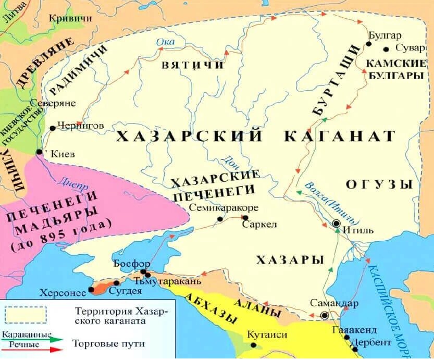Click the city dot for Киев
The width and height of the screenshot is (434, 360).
(x=39, y=152)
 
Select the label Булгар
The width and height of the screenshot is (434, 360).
(x=385, y=35)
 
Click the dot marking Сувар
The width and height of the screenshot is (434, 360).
(x=386, y=49)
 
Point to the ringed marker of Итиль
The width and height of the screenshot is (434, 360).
(x=337, y=223)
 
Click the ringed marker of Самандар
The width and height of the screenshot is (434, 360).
(x=325, y=315)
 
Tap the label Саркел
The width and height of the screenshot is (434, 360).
(x=259, y=226)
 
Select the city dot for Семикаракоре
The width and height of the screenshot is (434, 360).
(x=220, y=219)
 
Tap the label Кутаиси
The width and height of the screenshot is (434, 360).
(x=267, y=335)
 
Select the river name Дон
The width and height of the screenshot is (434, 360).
(x=230, y=160)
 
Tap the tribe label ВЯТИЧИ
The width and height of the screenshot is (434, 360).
(x=193, y=66)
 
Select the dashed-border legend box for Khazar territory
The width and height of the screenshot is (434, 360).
(x=26, y=315)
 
